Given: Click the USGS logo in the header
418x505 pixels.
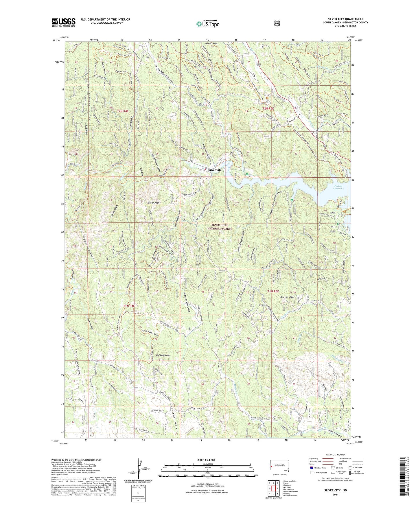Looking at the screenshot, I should click(x=63, y=22).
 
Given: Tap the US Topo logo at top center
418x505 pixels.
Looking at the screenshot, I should click(x=207, y=24).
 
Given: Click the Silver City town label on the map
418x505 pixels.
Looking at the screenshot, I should click(x=215, y=170).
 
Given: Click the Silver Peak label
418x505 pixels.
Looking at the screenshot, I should click(x=154, y=203).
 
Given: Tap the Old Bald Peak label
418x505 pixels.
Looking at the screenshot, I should click(x=163, y=355).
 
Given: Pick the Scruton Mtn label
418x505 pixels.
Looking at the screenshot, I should click(x=286, y=297).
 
